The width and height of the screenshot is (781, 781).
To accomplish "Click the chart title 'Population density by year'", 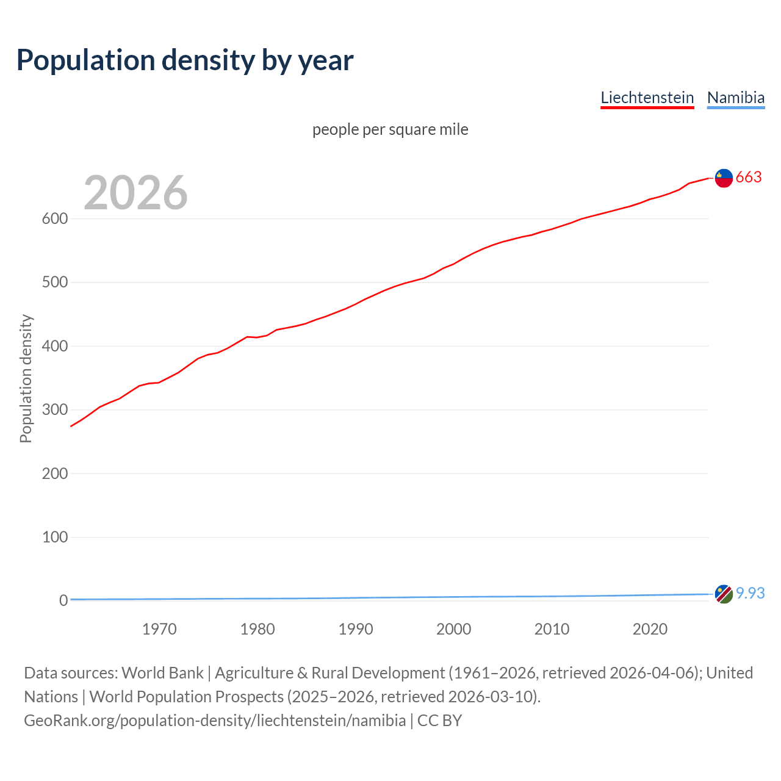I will point(185,60).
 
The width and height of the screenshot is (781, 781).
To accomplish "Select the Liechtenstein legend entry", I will point(647,98).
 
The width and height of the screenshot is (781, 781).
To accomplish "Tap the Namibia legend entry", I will point(735,98).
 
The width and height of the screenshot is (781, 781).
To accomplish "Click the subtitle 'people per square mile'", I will point(390,129).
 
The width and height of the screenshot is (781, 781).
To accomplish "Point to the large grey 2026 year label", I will point(135,193).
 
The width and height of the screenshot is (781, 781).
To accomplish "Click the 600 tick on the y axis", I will point(54,218).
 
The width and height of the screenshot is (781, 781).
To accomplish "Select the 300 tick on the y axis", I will point(54,409).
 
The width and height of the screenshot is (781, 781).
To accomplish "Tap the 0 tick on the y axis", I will point(63,600).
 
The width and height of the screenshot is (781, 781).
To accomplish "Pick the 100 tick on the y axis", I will point(54,537).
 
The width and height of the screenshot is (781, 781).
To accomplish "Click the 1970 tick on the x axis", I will point(159,629).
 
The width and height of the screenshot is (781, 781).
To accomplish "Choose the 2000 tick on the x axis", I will point(453,629).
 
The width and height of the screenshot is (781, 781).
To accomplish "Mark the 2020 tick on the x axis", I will point(650,629).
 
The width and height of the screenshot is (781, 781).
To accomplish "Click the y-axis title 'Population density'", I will point(26,378).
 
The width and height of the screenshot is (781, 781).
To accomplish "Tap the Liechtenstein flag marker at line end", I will point(724,178).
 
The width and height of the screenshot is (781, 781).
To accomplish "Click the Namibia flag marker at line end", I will point(724,594).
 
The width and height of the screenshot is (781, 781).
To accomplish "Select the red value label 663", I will point(749,177).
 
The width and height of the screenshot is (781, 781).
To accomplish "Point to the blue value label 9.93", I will point(750,593).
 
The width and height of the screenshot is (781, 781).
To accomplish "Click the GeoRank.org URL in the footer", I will point(215,721).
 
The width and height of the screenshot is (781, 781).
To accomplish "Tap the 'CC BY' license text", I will point(439,721).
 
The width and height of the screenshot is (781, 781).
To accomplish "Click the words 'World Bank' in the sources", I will point(162,673).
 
